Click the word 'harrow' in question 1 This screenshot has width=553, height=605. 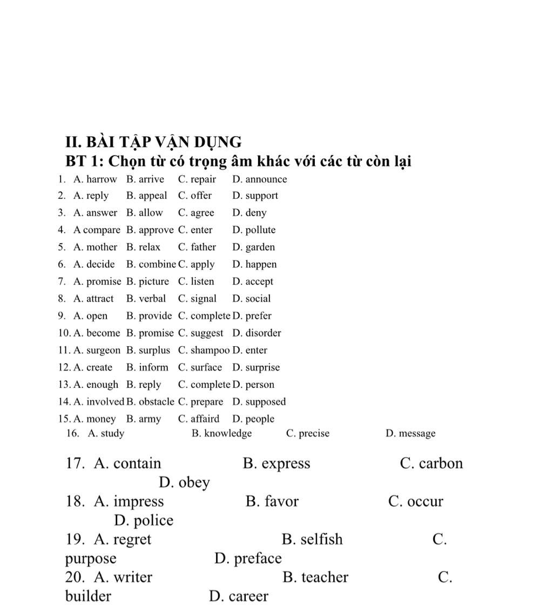[102, 179]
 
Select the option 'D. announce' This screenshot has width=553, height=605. [260, 179]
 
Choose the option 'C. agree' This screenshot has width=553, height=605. [196, 213]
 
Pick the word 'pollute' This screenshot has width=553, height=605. [260, 230]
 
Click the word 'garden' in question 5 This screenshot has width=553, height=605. [260, 247]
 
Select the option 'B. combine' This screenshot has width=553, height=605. [151, 265]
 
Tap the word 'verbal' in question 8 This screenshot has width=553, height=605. [152, 299]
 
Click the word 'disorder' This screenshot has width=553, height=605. [263, 333]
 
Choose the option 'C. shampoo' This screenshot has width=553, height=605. [204, 351]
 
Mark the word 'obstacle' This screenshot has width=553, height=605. [157, 402]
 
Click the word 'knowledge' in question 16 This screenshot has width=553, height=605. [228, 433]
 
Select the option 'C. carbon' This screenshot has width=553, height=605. [431, 463]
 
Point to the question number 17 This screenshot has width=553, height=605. [75, 463]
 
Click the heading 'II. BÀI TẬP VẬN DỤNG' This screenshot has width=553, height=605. [153, 142]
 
